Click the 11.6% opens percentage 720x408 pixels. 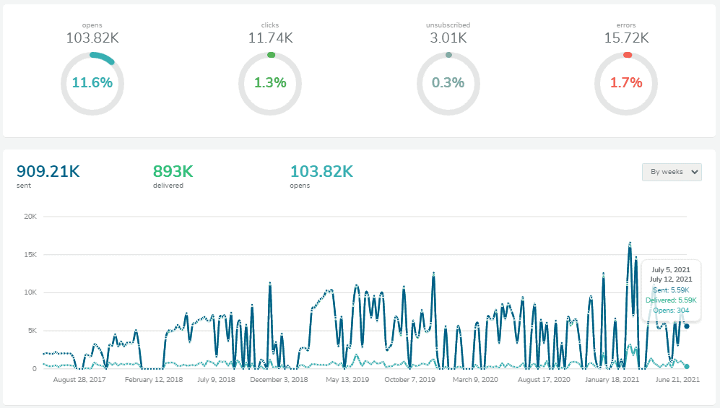pos(92,83)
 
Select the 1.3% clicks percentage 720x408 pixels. pos(270,83)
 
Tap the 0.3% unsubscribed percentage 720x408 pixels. pos(448,83)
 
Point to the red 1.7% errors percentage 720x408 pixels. pos(626,83)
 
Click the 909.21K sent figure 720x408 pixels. pos(48,172)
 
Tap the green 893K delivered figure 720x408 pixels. pos(173,172)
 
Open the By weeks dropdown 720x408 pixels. pos(672,172)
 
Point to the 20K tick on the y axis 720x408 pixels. pos(30,217)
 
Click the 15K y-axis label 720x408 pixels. pos(30,255)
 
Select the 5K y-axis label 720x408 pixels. pos(32,331)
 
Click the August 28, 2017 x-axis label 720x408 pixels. pos(79,379)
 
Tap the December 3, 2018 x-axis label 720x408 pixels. pos(279,379)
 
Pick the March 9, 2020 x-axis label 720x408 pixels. pos(475,379)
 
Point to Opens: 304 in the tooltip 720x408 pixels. pos(672,311)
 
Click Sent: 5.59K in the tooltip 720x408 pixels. pos(672,290)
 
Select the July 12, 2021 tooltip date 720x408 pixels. pos(671,279)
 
